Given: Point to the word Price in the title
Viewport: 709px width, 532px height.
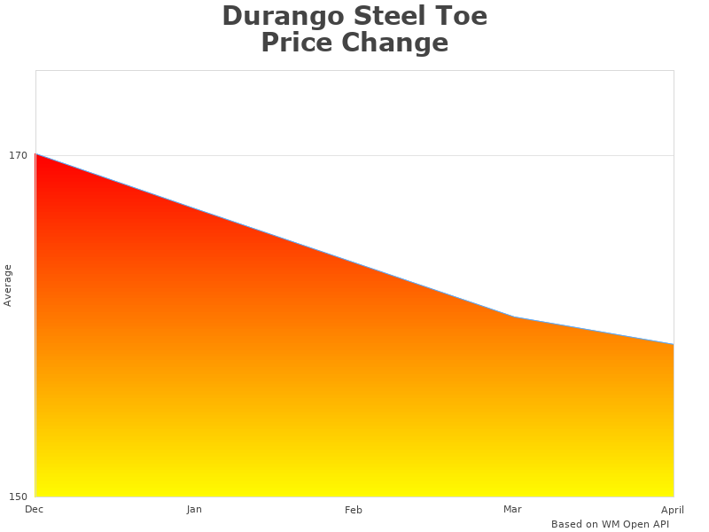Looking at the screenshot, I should coord(297,43).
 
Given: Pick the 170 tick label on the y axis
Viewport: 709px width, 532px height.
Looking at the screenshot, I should coord(19,155).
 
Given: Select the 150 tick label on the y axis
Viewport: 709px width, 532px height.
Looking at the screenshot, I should coord(19,496).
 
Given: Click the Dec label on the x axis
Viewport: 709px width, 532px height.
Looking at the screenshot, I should coord(35,509).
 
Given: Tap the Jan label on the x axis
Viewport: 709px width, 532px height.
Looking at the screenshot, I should coord(194,509).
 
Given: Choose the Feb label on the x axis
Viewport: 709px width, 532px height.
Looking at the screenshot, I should coord(354,510).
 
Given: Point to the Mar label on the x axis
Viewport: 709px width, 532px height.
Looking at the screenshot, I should coord(512,509).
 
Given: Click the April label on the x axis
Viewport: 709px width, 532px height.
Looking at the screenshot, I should coord(673,510).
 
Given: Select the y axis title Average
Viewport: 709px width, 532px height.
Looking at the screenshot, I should coord(8,286).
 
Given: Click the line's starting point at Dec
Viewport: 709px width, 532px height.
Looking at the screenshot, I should coord(35,154).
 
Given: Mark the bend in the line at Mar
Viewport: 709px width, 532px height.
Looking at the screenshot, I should coord(514,317).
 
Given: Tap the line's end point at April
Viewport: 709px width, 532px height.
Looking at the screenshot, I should coord(673,344).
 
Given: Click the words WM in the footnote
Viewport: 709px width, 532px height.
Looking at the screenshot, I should coord(612,524).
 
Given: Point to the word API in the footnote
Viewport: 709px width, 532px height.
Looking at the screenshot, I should coord(658,524).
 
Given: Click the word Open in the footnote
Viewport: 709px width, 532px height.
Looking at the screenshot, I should coord(635,524).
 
